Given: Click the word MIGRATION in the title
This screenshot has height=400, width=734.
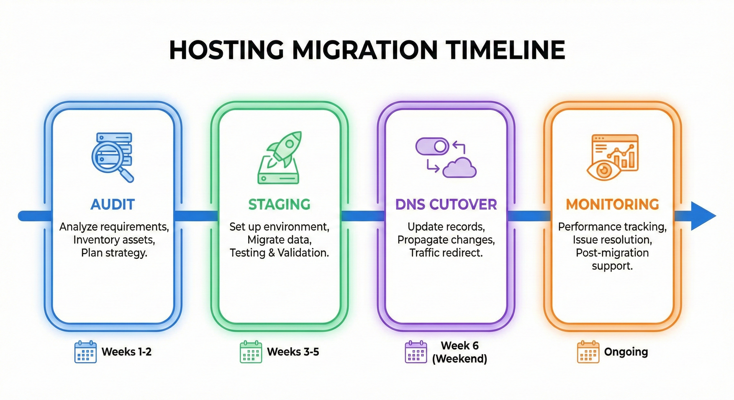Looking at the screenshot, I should click(365, 50).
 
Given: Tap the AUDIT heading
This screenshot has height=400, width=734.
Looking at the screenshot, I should click(113, 204).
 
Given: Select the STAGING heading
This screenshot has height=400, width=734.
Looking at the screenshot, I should click(279, 204).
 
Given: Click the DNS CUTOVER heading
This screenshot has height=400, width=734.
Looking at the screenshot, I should click(446, 204).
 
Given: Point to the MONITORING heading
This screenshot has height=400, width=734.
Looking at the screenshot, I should click(612, 204).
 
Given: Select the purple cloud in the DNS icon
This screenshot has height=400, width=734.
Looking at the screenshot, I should click(460, 168).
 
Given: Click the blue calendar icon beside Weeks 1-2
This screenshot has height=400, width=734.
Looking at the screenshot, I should click(85, 351).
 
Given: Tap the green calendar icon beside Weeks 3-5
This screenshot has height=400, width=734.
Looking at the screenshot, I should click(251, 351).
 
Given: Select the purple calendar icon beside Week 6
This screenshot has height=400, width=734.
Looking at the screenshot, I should click(416, 351).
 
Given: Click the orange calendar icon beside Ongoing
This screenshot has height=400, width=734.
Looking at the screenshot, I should click(588, 351).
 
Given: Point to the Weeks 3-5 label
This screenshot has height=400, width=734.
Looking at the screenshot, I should click(293, 351).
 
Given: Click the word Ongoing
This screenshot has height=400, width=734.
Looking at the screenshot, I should click(626, 351).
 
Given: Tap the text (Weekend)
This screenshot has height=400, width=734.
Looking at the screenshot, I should click(460, 359).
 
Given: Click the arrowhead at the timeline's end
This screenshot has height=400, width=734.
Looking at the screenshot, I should click(703, 216).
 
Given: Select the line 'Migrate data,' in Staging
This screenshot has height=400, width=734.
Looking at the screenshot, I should click(279, 240).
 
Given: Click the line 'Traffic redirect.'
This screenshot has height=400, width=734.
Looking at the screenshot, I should click(446, 253).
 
